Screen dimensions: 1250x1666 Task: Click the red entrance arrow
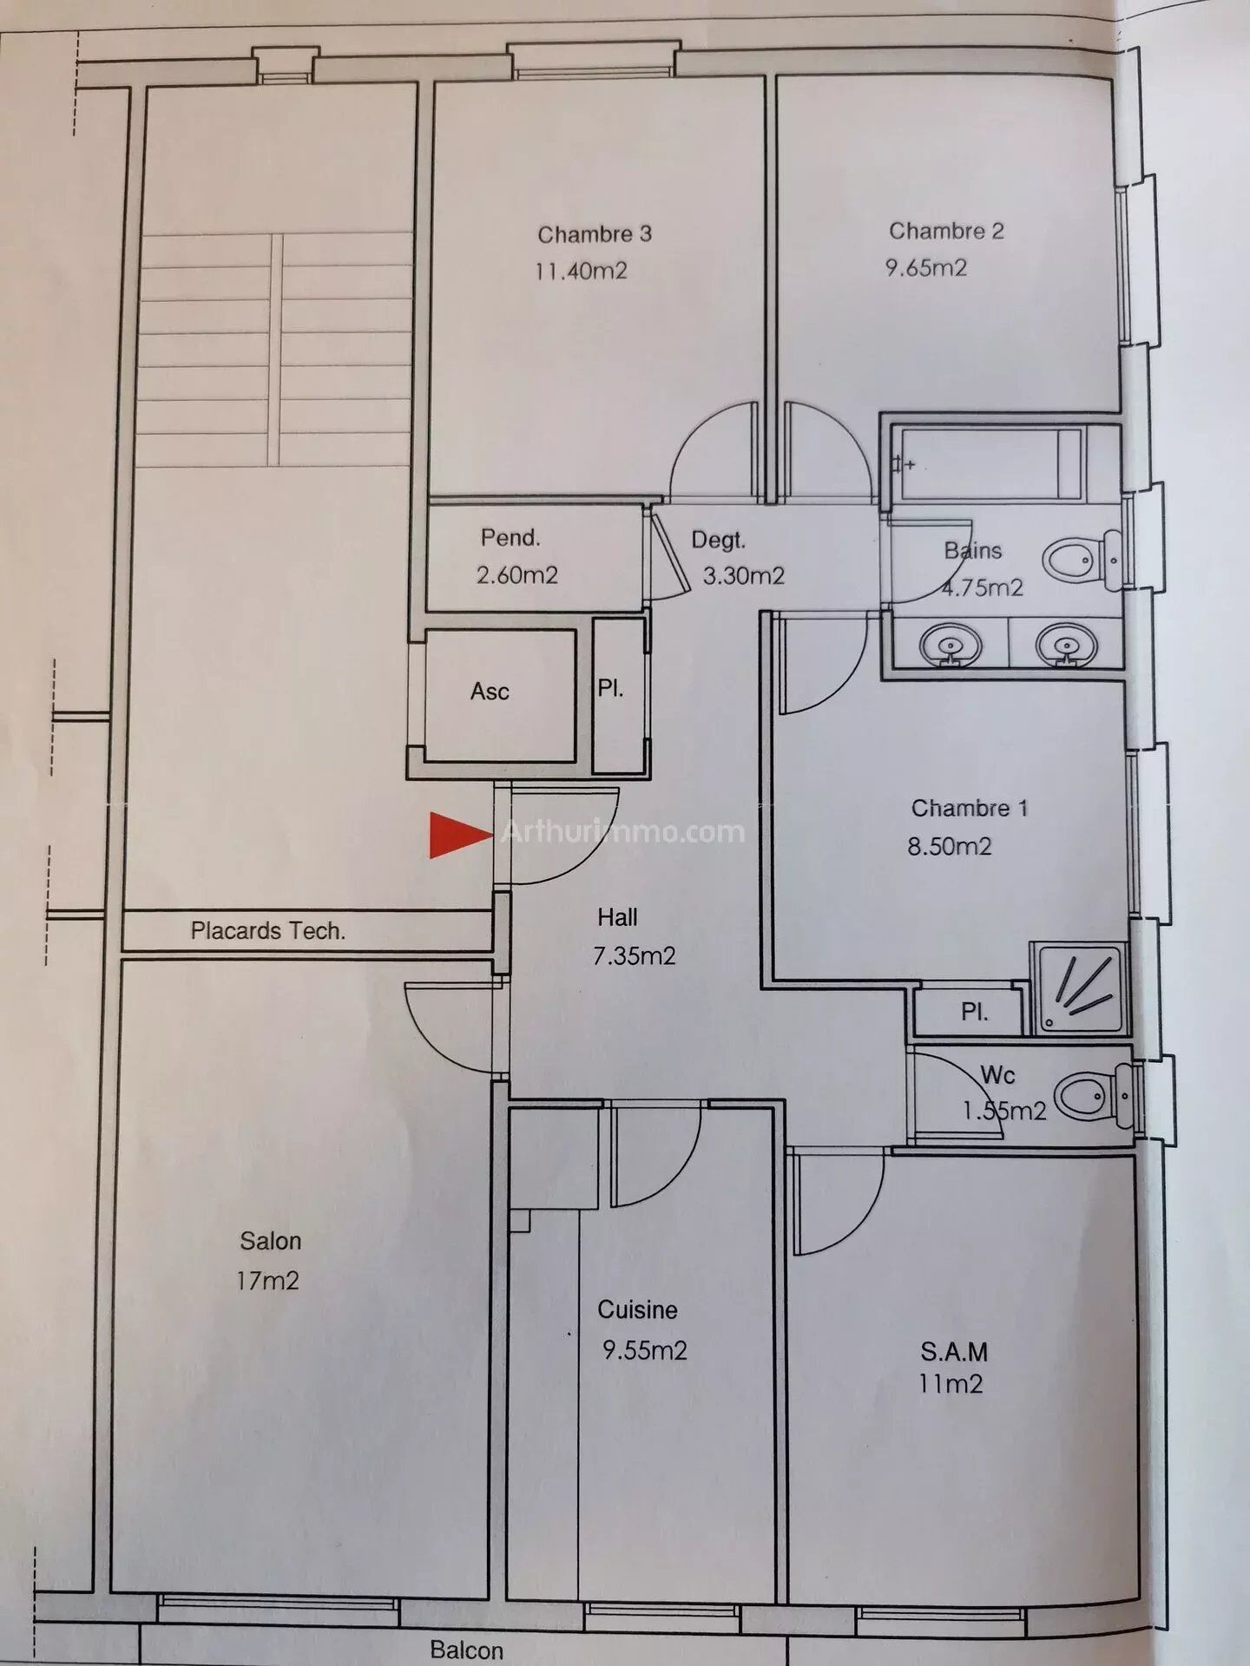(x=460, y=836)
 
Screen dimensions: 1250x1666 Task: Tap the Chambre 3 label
(x=595, y=234)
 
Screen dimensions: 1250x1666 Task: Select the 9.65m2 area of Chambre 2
(x=925, y=267)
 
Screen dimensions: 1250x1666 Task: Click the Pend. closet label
(x=510, y=538)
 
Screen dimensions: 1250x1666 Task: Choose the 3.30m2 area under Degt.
(x=743, y=576)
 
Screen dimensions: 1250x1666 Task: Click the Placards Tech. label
(x=268, y=931)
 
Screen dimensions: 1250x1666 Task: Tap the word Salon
(x=271, y=1242)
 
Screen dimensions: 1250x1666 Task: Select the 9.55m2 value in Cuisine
(x=645, y=1350)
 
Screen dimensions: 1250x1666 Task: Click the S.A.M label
(x=954, y=1351)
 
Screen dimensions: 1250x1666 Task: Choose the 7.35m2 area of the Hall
(x=634, y=956)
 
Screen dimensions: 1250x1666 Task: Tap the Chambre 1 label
(x=970, y=809)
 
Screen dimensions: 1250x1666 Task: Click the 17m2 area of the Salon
(x=267, y=1281)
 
